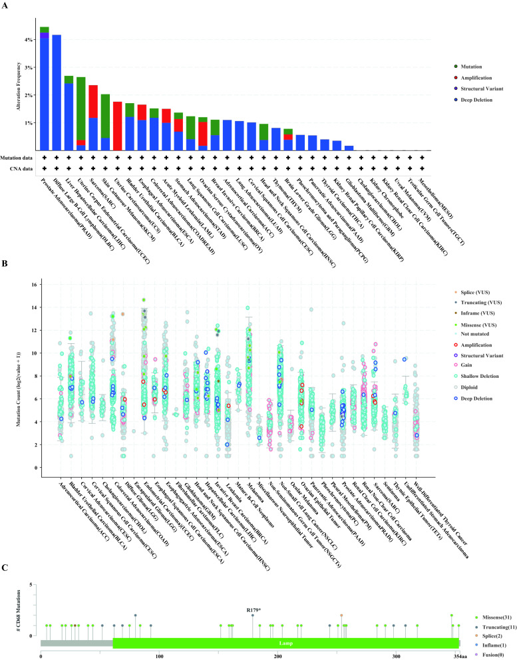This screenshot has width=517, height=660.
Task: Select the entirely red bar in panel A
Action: tap(117, 126)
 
